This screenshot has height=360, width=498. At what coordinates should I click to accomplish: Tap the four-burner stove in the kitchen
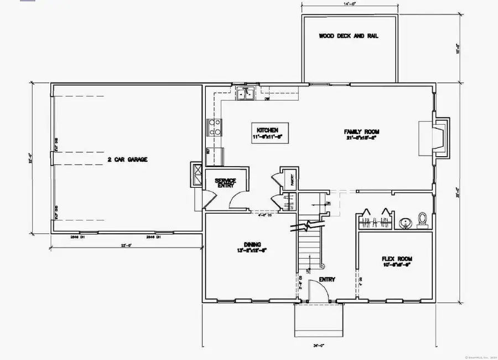[x=213, y=127]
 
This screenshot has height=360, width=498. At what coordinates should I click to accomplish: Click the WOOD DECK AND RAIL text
[x=349, y=37]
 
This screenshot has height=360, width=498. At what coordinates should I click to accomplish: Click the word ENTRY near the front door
[x=327, y=280]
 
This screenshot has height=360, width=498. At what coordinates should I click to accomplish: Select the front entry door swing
[x=314, y=290]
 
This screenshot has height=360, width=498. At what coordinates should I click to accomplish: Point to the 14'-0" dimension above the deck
[x=349, y=3]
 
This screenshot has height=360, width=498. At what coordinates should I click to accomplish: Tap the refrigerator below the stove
[x=214, y=156]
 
